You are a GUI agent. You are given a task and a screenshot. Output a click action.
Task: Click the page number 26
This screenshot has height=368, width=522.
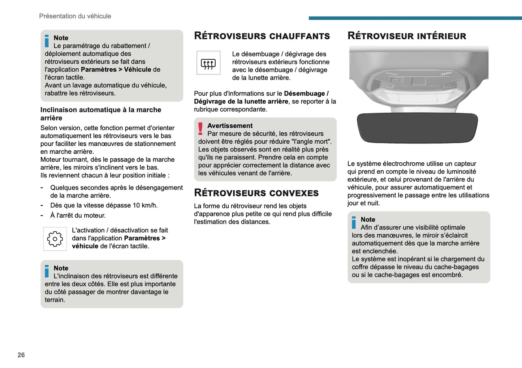(x=21, y=355)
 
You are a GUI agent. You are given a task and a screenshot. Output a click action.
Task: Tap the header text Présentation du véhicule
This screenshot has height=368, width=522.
(x=75, y=16)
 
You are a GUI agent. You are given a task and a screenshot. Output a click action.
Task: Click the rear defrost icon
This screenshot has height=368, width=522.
(x=208, y=63)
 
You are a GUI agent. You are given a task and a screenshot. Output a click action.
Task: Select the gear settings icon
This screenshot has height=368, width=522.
(x=55, y=239)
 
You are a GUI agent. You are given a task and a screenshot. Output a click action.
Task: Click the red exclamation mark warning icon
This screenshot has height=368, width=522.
(x=200, y=128)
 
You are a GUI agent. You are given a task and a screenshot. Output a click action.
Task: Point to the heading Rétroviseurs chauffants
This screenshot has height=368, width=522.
(x=262, y=36)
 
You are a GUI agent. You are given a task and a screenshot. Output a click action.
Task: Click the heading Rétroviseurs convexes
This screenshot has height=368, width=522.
(x=256, y=193)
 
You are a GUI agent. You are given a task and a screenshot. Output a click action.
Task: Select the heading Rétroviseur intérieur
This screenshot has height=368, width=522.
(x=407, y=36)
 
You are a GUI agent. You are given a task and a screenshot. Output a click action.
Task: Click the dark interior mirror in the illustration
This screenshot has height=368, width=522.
(x=417, y=127)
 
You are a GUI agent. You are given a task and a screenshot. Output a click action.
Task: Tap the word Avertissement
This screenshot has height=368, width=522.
(x=230, y=125)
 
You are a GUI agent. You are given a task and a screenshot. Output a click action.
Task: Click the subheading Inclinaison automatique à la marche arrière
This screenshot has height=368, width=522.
(x=101, y=114)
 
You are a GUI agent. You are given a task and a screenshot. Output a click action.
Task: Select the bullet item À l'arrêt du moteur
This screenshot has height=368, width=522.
(x=78, y=215)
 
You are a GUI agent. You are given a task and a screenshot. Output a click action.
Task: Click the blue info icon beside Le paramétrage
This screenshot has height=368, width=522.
(x=47, y=41)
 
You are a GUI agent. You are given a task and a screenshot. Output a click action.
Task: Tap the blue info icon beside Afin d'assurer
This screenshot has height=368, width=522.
(x=354, y=222)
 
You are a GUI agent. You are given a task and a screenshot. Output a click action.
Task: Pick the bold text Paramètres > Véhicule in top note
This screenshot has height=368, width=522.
(x=116, y=69)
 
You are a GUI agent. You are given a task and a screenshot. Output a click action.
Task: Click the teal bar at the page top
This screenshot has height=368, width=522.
(x=415, y=18)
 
